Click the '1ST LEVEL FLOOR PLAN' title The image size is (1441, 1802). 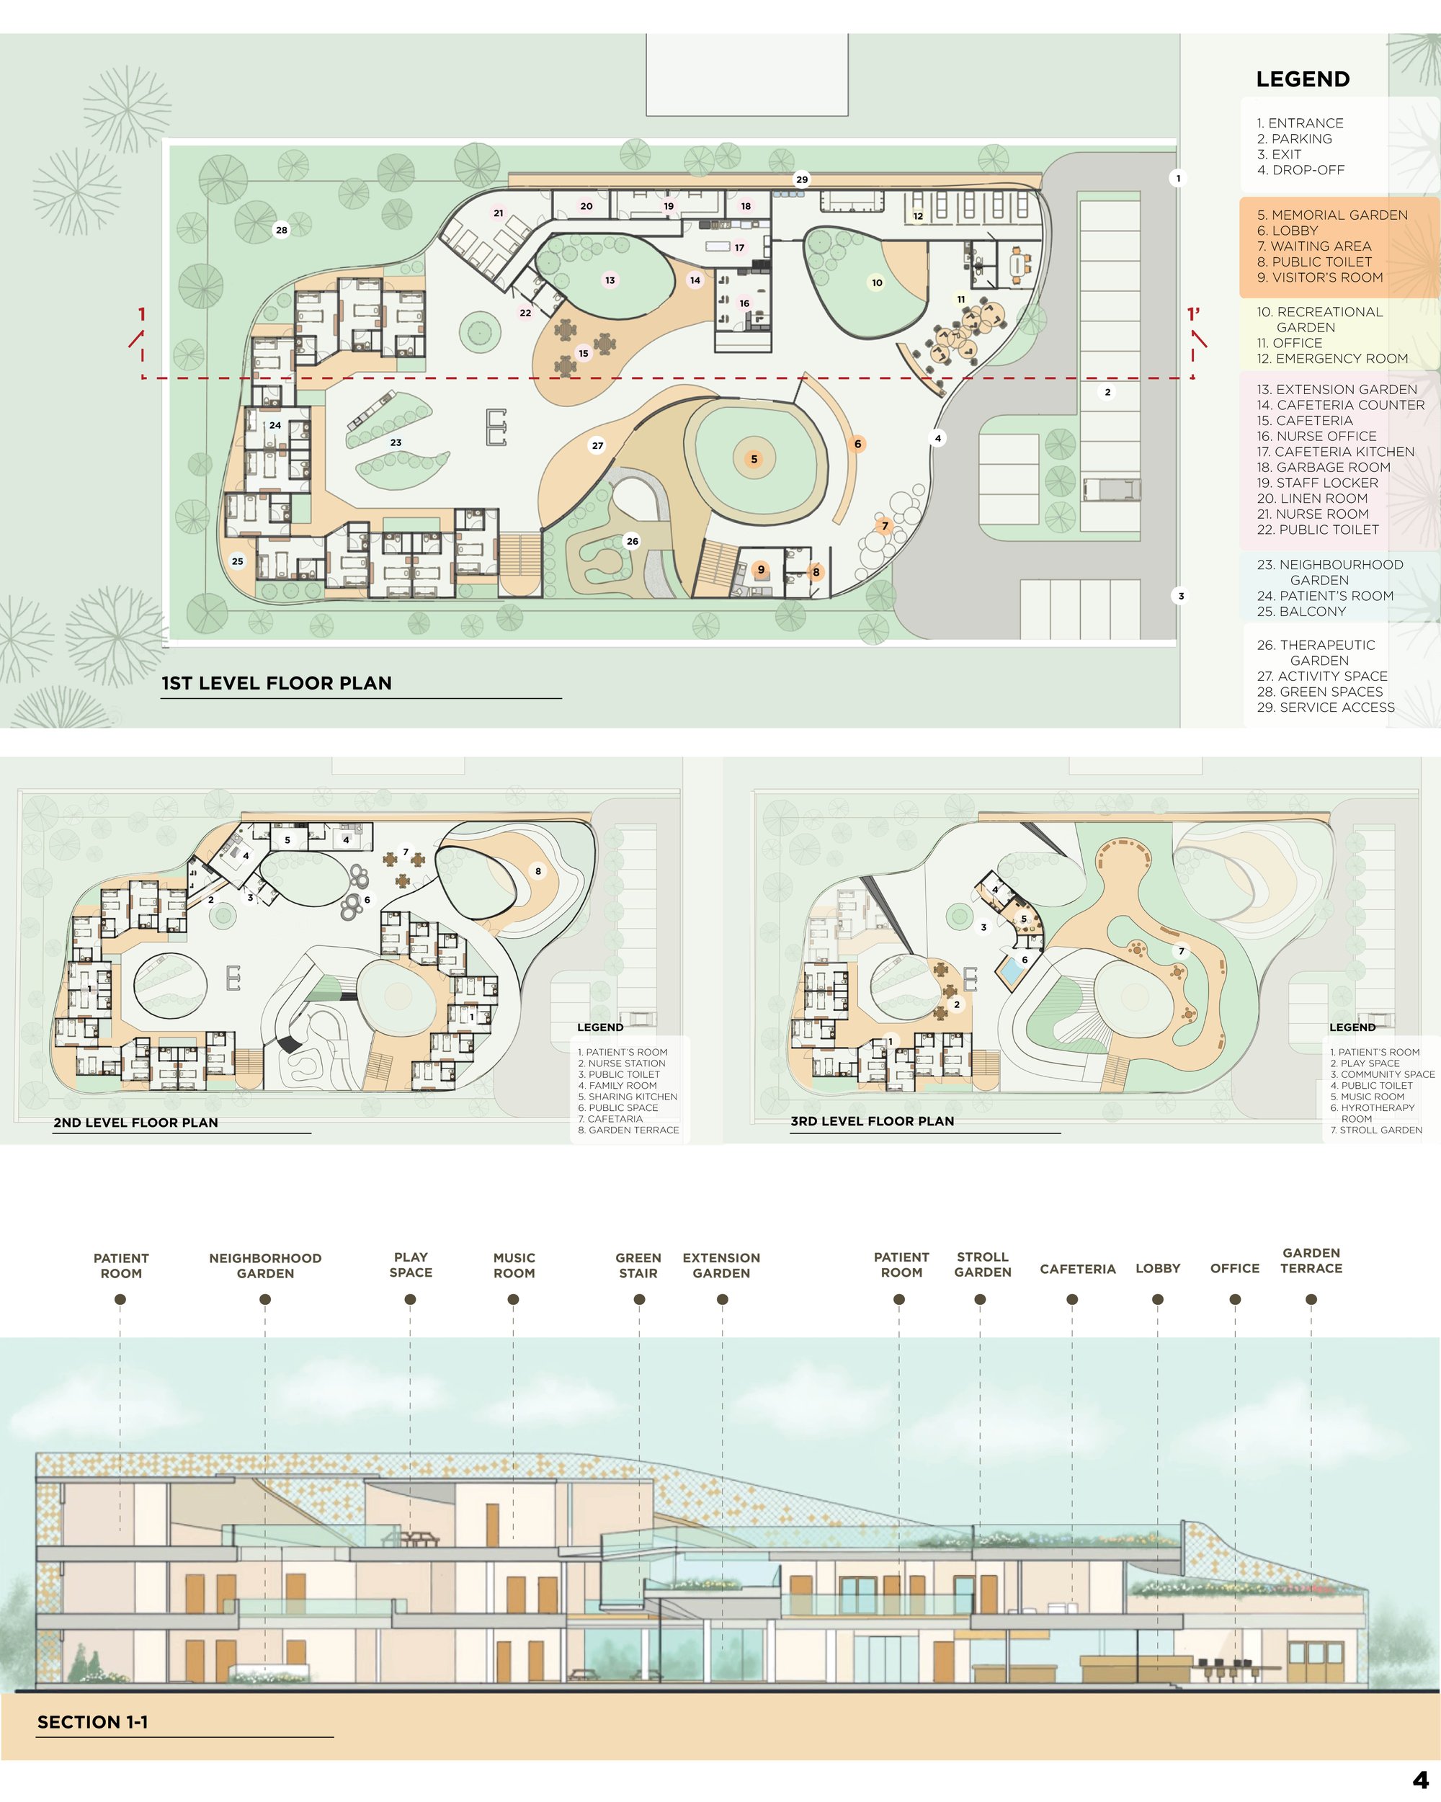click(277, 683)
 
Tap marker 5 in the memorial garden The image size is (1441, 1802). click(754, 459)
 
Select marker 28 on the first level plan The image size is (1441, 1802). click(282, 230)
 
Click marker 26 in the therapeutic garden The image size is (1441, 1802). click(633, 541)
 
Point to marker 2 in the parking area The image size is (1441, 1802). click(1107, 392)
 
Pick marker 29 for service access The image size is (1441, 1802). click(802, 179)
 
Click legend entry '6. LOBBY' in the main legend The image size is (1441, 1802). click(1288, 231)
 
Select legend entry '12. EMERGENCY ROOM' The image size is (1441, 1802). click(1332, 359)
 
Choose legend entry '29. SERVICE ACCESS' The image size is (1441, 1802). click(1326, 707)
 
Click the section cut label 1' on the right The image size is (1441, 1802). click(1194, 314)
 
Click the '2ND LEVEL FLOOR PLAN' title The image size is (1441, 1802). click(135, 1123)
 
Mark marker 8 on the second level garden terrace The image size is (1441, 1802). click(538, 871)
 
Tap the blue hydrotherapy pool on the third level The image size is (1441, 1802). click(1013, 971)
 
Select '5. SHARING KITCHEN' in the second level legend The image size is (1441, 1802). click(628, 1097)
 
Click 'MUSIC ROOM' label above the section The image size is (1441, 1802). click(514, 1265)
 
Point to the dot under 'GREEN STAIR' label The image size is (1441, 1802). click(639, 1299)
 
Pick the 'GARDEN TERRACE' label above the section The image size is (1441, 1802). click(1311, 1260)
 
